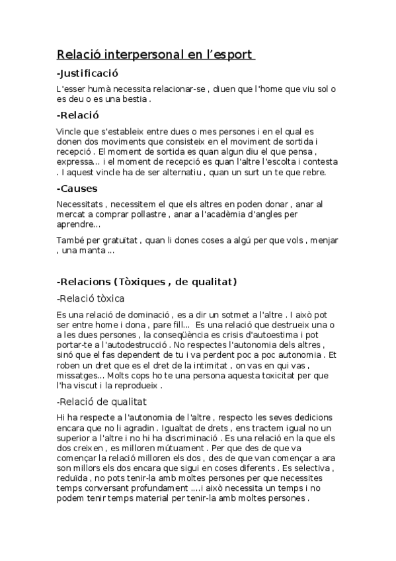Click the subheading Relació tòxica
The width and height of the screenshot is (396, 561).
[91, 298]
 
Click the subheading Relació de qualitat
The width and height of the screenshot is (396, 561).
[102, 402]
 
